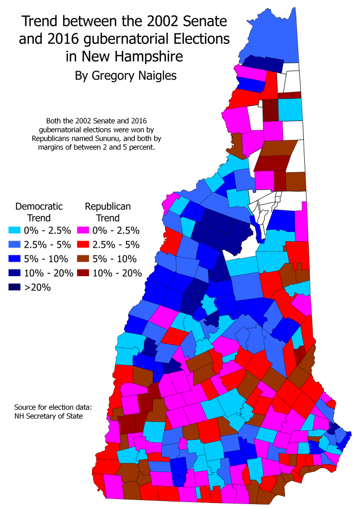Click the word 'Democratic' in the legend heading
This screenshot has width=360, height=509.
tap(39, 206)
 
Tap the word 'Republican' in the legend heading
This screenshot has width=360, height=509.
tap(108, 206)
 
